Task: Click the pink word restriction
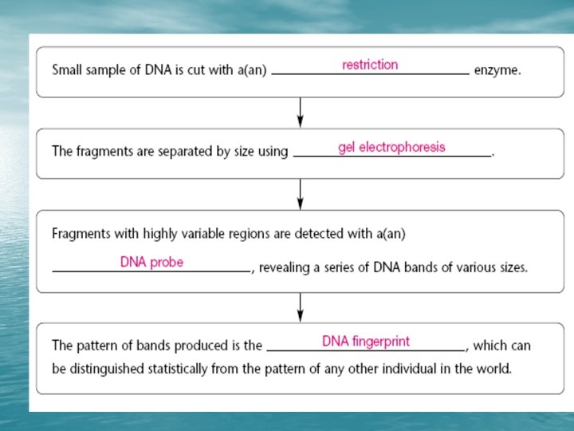(370, 65)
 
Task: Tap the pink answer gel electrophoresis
(391, 147)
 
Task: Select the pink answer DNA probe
(151, 262)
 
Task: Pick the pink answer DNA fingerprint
(366, 342)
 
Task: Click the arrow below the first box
(300, 112)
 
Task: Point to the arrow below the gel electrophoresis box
(300, 194)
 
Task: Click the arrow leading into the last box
(300, 306)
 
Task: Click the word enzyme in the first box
(497, 70)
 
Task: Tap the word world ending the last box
(494, 370)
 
